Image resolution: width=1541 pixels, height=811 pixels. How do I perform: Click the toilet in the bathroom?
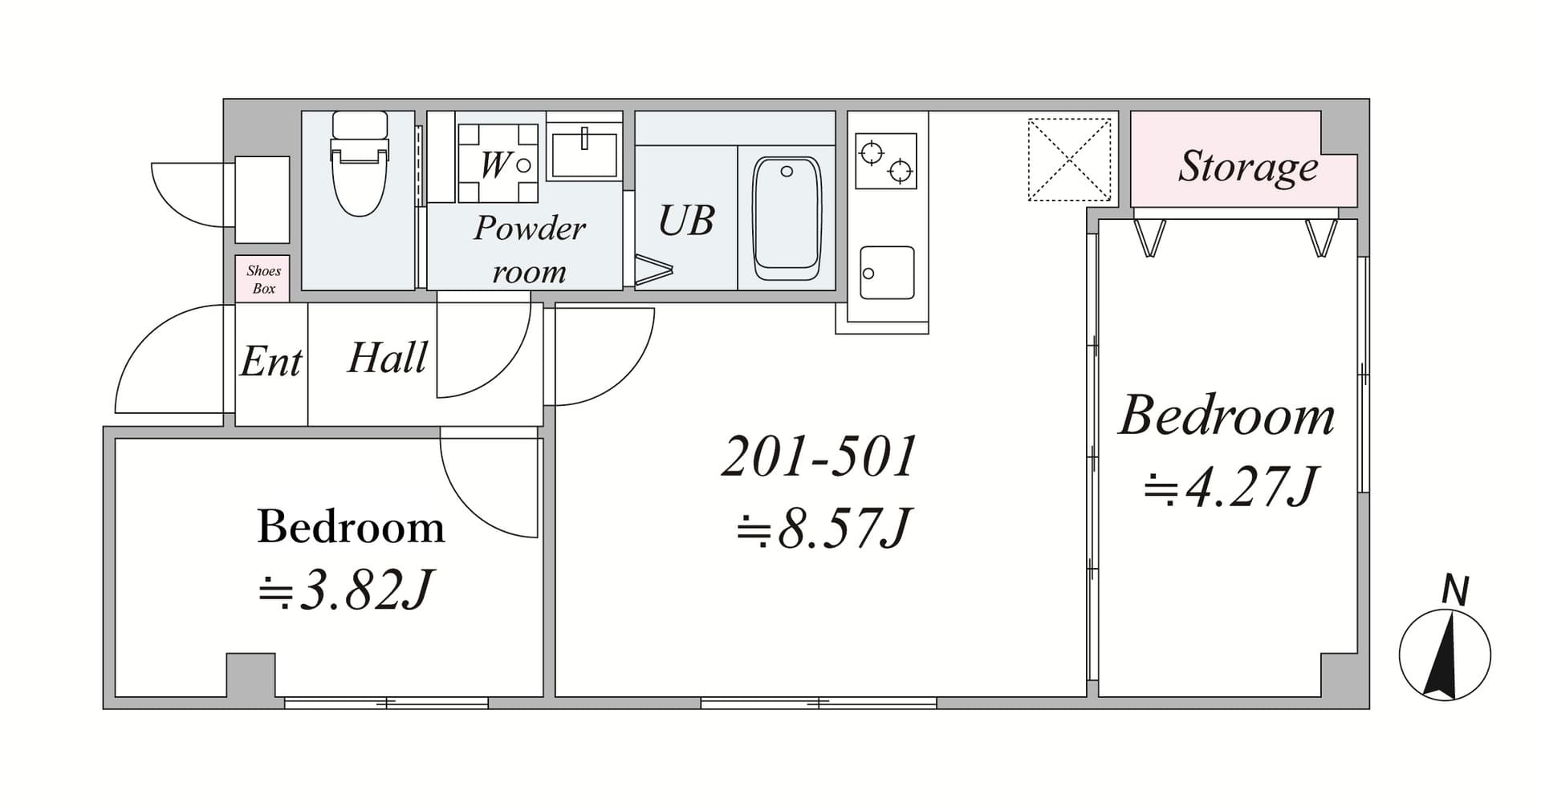click(360, 163)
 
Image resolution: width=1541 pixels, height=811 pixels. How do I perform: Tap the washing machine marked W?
click(498, 163)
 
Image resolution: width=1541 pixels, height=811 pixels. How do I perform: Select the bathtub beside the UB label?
click(787, 218)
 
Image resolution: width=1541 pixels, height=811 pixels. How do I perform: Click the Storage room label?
click(1247, 167)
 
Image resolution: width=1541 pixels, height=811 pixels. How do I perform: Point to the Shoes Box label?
click(263, 279)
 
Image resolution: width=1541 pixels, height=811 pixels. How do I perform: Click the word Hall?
click(387, 358)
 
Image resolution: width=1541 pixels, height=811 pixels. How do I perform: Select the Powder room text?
click(529, 249)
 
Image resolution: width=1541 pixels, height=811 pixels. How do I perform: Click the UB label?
click(686, 221)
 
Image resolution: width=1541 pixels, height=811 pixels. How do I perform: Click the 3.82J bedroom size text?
click(346, 592)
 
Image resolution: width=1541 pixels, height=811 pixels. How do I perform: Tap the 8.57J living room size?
click(824, 529)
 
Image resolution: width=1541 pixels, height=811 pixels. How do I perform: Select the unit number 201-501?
click(819, 456)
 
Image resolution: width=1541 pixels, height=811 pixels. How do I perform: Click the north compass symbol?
click(1445, 653)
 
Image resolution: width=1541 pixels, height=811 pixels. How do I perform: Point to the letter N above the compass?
click(1455, 590)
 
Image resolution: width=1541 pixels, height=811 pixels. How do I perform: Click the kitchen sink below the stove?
click(886, 273)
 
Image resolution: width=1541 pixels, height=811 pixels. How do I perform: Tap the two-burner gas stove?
click(886, 160)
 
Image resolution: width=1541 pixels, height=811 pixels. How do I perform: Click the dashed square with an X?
click(1070, 159)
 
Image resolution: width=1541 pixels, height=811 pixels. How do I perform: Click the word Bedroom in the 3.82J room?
click(351, 527)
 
